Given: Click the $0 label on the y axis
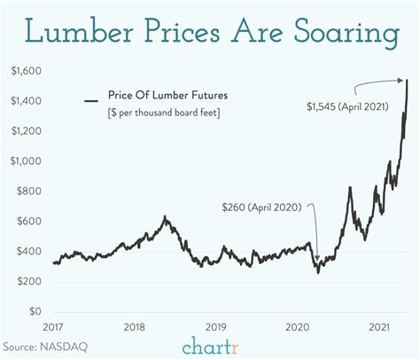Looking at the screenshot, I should [35, 312].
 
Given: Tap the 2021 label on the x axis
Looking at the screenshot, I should [381, 326].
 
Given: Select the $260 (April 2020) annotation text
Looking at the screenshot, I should [267, 207].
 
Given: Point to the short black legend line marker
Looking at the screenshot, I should [90, 101].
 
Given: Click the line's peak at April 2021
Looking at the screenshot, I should [407, 81].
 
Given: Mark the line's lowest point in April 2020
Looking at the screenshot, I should [318, 271].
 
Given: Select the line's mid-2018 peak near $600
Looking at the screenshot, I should [165, 217].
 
